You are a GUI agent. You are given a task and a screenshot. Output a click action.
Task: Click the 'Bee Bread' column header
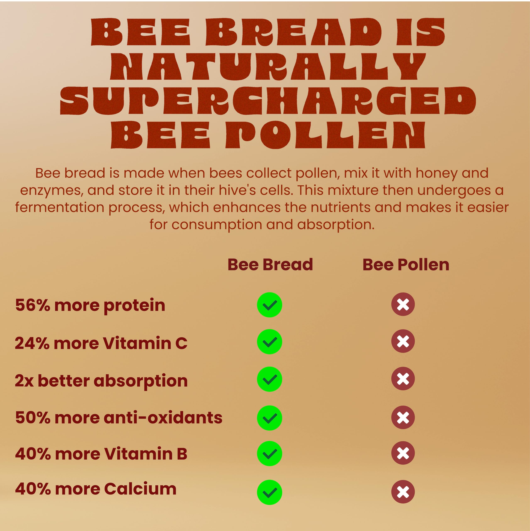[x=270, y=265]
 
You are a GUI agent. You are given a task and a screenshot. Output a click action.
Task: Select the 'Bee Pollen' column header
[x=406, y=265]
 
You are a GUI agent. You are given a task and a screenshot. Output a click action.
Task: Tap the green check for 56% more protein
[x=269, y=305]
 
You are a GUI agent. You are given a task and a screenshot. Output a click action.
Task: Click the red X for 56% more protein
[x=403, y=304]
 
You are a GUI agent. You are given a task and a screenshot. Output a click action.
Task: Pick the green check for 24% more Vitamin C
[x=269, y=342]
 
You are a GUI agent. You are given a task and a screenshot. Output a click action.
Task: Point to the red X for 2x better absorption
[x=403, y=379]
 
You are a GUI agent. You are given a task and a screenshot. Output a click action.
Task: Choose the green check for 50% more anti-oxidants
[x=269, y=418]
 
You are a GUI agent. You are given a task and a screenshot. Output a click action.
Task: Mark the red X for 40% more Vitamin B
[x=403, y=453]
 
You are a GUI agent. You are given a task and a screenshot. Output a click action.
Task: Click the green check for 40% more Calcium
[x=269, y=492]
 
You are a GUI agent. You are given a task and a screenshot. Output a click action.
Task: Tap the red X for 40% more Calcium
[x=403, y=492]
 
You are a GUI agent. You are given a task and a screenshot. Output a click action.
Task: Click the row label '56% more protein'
[x=90, y=305]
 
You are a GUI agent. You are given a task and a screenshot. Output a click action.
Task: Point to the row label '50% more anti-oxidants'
[x=118, y=418]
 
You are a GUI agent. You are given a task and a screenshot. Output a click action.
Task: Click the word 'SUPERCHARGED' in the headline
[x=268, y=101]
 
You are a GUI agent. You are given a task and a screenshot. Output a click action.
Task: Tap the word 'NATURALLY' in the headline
[x=268, y=66]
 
